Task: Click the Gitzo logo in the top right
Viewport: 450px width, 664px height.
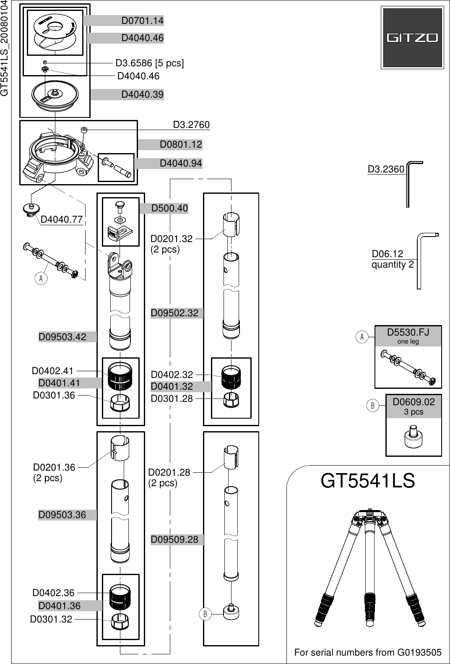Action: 412,38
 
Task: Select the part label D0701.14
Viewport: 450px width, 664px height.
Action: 142,21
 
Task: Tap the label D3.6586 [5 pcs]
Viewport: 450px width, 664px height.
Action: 149,63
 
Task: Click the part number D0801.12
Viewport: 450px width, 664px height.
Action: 180,145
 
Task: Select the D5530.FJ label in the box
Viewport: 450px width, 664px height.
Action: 408,333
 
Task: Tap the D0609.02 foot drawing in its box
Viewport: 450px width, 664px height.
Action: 413,438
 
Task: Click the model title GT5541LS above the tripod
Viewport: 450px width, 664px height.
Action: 367,481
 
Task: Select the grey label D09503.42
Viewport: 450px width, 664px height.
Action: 62,337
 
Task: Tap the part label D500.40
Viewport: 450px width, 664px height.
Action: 169,208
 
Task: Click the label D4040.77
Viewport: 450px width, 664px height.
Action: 61,219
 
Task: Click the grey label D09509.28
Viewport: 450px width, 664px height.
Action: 174,539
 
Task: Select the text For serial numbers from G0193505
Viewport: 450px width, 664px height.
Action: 368,653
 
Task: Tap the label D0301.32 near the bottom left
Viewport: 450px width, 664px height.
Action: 51,619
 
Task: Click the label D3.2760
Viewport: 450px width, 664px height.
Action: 191,125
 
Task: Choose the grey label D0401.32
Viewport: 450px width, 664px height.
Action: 172,386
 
